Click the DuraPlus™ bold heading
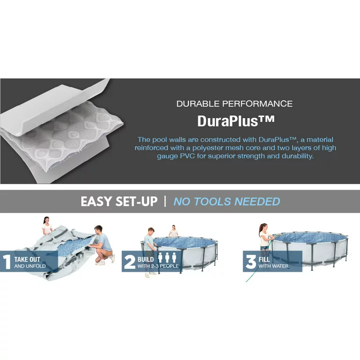[x=236, y=121]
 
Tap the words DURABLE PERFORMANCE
[x=234, y=104]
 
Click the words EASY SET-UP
[x=119, y=202]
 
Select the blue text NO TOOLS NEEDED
[x=227, y=202]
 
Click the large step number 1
[x=7, y=262]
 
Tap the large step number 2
[x=130, y=262]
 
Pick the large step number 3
[x=251, y=262]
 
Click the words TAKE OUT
[x=27, y=259]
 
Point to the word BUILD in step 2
[x=146, y=259]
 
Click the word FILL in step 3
[x=264, y=259]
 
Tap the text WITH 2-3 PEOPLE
[x=158, y=266]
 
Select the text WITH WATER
[x=273, y=266]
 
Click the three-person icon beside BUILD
[x=167, y=258]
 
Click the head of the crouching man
[x=98, y=230]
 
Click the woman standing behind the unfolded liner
[x=47, y=225]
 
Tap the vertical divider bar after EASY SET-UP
[x=165, y=202]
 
